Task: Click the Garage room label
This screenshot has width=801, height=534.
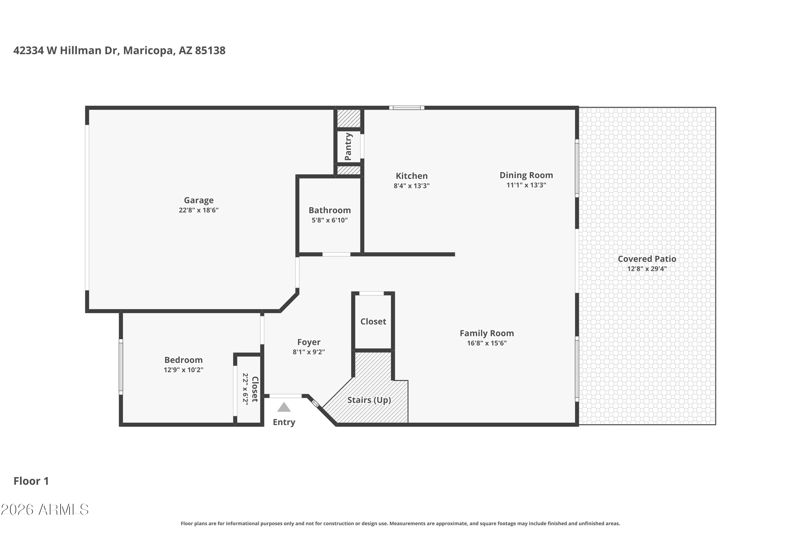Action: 199,201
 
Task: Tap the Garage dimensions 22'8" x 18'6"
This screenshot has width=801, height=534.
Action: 199,210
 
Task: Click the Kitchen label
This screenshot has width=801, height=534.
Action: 411,176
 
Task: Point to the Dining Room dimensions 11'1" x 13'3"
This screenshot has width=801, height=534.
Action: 526,185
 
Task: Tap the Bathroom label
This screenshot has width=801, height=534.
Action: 330,210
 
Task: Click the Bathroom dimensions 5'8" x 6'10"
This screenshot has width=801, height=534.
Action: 330,220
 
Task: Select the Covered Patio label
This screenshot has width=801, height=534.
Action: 647,259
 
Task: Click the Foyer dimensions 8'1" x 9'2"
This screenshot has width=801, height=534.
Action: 309,352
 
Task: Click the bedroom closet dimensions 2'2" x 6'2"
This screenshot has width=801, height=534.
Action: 245,388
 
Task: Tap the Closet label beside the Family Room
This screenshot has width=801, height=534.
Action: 373,321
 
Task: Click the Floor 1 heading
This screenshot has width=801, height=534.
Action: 31,481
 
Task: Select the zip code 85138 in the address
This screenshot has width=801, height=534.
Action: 210,50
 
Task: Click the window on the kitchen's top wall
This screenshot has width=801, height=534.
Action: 407,108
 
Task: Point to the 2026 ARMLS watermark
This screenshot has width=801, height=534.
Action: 45,509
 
